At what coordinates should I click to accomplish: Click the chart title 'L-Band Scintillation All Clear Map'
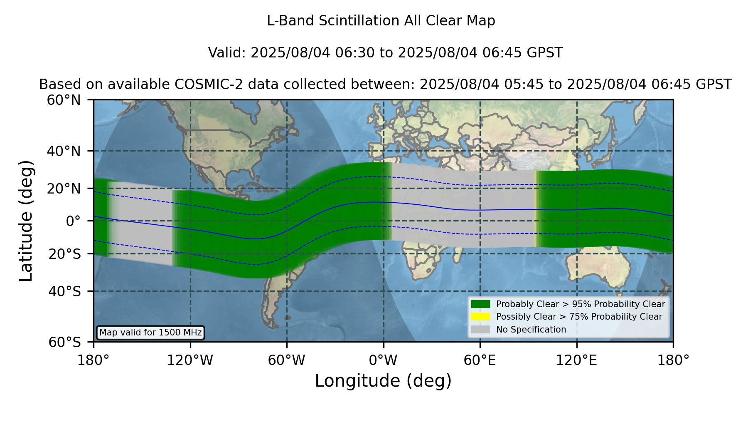(381, 21)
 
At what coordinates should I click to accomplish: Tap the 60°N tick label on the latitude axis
(64, 100)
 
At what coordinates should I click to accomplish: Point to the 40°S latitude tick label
(64, 291)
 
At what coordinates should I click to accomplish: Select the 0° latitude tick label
(73, 221)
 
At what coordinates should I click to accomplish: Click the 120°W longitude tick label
(190, 360)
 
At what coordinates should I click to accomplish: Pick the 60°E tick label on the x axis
(480, 360)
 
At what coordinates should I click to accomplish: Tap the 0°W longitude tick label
(383, 360)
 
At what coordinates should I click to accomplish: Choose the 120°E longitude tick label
(576, 360)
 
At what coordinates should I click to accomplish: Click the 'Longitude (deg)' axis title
(383, 381)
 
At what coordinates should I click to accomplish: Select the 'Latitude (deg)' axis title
(26, 221)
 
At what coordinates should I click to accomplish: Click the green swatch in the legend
(481, 304)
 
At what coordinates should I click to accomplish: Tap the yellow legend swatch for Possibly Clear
(481, 317)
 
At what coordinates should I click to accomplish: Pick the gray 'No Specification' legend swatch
(481, 329)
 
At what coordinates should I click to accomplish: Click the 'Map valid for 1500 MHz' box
(150, 333)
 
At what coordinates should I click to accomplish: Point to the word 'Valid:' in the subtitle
(227, 53)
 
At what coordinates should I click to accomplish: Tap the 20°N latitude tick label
(64, 189)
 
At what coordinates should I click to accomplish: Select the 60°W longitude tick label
(287, 360)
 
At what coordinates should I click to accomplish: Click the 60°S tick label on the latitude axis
(64, 342)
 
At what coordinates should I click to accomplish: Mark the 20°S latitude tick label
(64, 253)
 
